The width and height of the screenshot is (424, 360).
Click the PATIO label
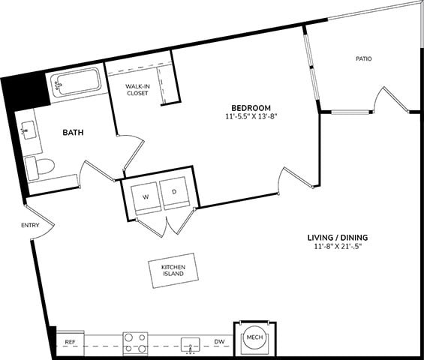coord(364,58)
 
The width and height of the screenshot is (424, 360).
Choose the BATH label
coord(73,133)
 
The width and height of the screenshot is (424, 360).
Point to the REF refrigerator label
coord(70,342)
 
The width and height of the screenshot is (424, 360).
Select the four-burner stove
coord(135,343)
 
